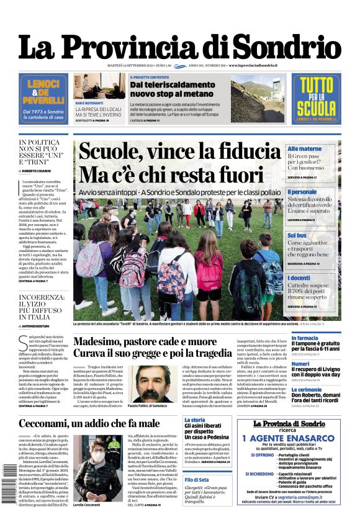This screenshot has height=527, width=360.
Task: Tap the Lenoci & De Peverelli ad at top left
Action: coord(43,99)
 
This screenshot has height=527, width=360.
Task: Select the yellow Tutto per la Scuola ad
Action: coord(316,99)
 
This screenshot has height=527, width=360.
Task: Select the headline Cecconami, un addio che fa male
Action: coord(89,423)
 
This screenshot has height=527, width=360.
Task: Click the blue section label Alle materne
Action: coord(304,149)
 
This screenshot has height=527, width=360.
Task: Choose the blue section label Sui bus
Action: coord(297,235)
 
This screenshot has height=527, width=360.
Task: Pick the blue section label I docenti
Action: coord(299,278)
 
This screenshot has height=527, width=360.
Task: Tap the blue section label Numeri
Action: coord(300,364)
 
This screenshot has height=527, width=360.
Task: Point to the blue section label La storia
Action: coord(194,420)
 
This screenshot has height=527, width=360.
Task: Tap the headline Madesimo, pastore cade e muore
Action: coord(144,341)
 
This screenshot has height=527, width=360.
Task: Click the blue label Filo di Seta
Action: coord(197,480)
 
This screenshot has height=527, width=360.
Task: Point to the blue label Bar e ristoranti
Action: coord(89,102)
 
